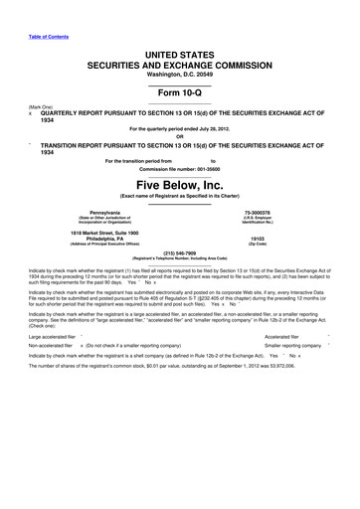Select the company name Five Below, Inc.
(x=180, y=185)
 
